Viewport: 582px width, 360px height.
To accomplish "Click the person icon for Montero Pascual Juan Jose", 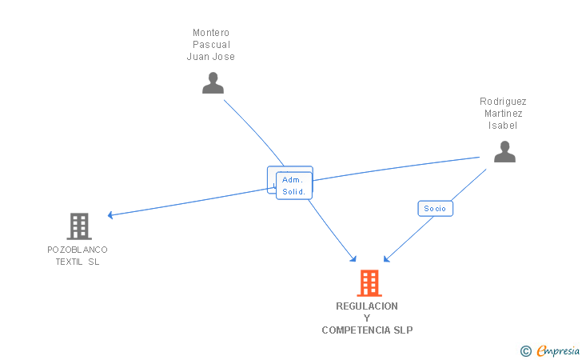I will click(213, 83).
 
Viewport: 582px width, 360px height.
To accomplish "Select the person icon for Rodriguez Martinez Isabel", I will click(504, 152).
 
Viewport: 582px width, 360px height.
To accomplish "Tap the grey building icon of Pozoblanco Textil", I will click(78, 226).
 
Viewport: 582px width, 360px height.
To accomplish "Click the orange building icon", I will click(369, 283).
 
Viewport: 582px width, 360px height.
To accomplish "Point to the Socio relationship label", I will click(435, 209).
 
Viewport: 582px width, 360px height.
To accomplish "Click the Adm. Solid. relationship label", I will click(293, 186).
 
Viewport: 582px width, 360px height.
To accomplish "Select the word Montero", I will click(211, 33).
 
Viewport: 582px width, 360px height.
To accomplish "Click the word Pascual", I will click(211, 45).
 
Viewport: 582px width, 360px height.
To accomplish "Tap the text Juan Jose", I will click(211, 57).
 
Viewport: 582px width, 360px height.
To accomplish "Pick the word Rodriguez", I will click(503, 102).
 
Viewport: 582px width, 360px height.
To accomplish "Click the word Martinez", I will click(503, 114).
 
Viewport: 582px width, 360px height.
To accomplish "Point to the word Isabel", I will click(503, 126).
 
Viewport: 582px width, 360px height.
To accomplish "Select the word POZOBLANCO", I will click(78, 250).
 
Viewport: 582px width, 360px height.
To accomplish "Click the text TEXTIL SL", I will click(78, 262).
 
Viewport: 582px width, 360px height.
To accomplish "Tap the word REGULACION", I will click(367, 306).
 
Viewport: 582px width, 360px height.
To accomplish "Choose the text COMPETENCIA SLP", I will click(367, 330).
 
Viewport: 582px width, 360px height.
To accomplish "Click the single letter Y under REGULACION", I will click(367, 318).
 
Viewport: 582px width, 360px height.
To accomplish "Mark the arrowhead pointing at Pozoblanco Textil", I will click(111, 215).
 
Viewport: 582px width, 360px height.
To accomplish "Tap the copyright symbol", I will click(525, 350).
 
